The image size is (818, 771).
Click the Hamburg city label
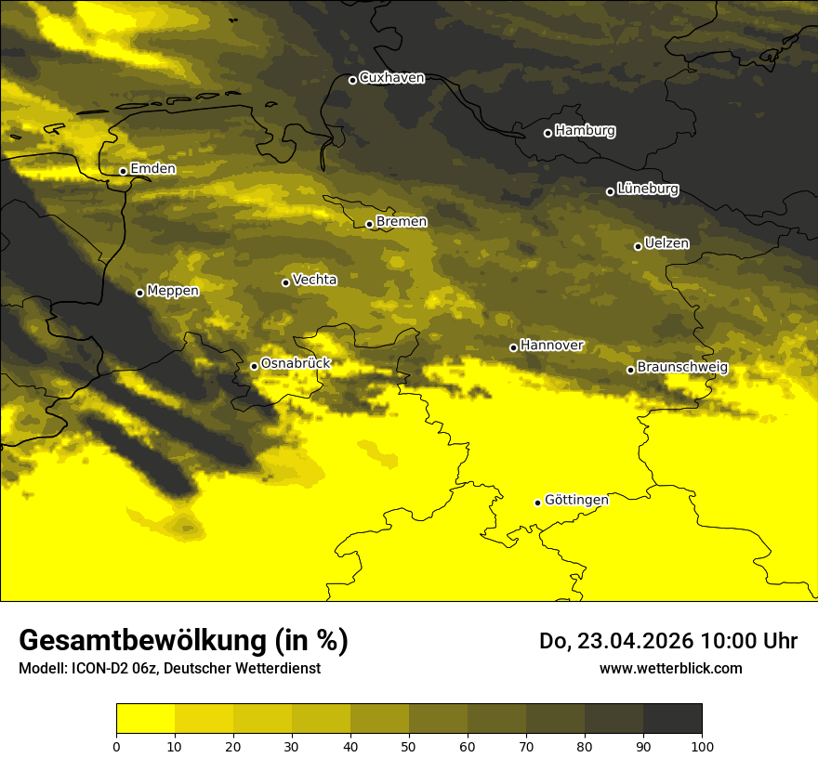[x=585, y=131]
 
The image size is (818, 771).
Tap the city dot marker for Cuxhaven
[x=352, y=80]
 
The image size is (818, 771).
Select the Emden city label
[x=152, y=169]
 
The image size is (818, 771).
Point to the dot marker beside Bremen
[x=369, y=224]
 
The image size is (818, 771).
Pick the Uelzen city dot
[x=638, y=246]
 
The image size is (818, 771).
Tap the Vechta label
[x=314, y=280]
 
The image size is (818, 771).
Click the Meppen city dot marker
[x=139, y=293]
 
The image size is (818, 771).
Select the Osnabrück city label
[x=296, y=363]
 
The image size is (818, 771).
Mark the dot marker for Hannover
[x=513, y=347]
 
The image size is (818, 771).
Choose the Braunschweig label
[x=682, y=368]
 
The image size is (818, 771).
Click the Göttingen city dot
[x=537, y=503]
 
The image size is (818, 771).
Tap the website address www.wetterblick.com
[x=671, y=668]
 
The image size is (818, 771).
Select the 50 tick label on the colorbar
[x=409, y=746]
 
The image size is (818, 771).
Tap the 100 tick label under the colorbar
[x=701, y=746]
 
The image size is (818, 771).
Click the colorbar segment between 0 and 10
[x=146, y=719]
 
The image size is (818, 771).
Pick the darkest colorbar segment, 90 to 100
[x=672, y=719]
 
